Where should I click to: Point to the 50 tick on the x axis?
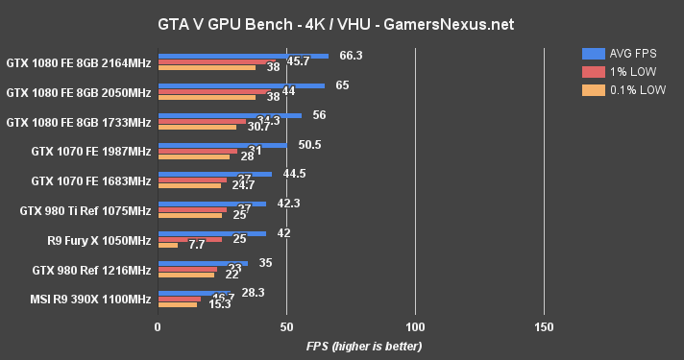[286, 327]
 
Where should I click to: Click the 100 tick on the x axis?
[415, 327]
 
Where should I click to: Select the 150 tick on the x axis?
[544, 327]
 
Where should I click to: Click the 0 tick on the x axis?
[158, 327]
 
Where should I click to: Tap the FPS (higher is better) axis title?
[363, 346]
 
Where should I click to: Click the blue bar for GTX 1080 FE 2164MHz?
[242, 56]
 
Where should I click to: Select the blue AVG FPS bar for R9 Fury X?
[211, 232]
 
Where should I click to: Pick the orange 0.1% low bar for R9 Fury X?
[167, 245]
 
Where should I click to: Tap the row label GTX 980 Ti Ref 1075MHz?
[85, 210]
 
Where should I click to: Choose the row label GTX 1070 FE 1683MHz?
[91, 180]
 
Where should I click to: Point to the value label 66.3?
[351, 55]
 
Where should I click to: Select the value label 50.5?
[309, 144]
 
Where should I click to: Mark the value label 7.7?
[196, 246]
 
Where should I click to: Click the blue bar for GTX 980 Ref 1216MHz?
[203, 262]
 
